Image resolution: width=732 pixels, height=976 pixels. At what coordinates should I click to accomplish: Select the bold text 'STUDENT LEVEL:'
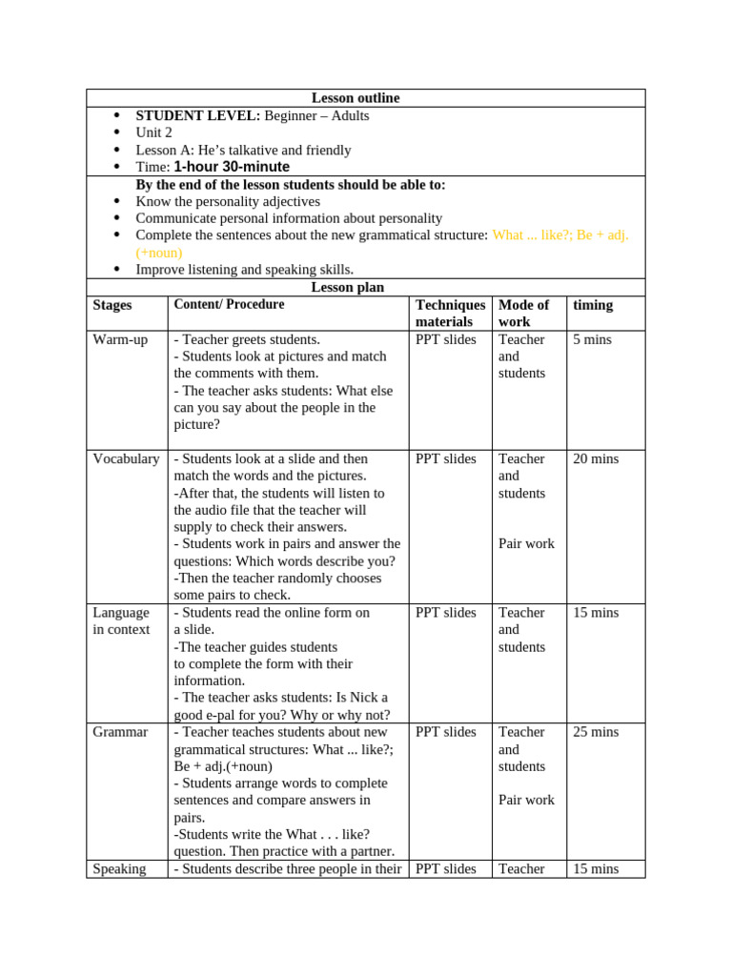click(x=197, y=115)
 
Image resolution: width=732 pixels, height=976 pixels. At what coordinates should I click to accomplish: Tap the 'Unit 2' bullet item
click(x=153, y=132)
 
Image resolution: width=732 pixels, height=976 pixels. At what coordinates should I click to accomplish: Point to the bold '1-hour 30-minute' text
click(x=232, y=167)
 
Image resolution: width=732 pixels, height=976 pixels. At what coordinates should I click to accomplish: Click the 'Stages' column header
click(x=112, y=305)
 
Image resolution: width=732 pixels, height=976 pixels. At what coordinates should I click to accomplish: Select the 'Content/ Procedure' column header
click(x=229, y=305)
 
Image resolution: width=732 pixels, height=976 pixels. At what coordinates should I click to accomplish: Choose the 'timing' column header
click(x=592, y=305)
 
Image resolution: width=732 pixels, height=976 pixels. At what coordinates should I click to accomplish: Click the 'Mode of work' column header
click(x=523, y=314)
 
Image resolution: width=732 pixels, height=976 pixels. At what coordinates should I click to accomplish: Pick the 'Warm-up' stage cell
click(x=120, y=339)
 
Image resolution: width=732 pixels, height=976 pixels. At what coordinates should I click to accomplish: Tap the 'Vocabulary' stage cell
click(x=126, y=458)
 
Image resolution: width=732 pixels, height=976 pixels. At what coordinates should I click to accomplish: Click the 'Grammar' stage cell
click(x=120, y=732)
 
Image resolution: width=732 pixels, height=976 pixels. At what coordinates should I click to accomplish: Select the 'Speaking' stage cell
click(x=119, y=868)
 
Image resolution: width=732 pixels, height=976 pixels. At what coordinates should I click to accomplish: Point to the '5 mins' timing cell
click(x=592, y=339)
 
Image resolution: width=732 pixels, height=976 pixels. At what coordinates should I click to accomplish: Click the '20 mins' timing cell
click(x=595, y=458)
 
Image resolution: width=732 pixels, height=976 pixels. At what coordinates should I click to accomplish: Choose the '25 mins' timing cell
click(x=595, y=732)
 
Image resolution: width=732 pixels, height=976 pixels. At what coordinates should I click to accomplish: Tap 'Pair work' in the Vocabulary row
click(x=526, y=543)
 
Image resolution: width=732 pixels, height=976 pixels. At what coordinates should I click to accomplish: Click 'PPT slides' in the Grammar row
click(x=445, y=732)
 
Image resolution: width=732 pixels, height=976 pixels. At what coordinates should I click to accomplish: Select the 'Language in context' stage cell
click(x=121, y=620)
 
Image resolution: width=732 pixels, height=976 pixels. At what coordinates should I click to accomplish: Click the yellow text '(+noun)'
click(x=159, y=253)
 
